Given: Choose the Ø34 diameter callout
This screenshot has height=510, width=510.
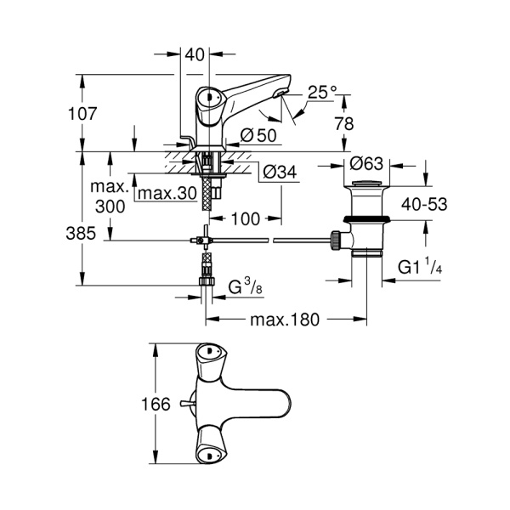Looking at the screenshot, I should pyautogui.click(x=280, y=172).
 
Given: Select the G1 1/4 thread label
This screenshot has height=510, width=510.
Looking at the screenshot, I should pyautogui.click(x=420, y=267).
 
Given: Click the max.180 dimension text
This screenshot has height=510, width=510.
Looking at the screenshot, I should pyautogui.click(x=284, y=320).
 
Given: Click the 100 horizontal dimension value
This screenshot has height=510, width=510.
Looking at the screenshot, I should pyautogui.click(x=244, y=219).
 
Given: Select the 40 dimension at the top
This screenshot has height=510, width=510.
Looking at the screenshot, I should pyautogui.click(x=195, y=55).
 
